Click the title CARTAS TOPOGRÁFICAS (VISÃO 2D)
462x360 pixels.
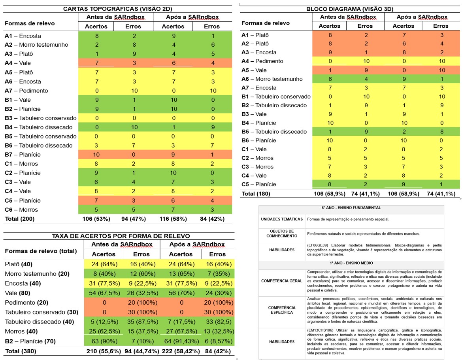tap(117, 9)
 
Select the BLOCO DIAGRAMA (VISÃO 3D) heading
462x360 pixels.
tap(350, 9)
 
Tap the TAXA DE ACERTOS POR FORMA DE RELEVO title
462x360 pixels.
tap(121, 236)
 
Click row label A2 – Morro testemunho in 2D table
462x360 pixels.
tap(36, 45)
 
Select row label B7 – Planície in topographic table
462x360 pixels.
tap(23, 155)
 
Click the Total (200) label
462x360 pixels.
tap(19, 219)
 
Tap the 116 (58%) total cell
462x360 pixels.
tap(173, 219)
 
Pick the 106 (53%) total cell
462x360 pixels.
tap(96, 219)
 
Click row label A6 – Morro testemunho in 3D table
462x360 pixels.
tap(272, 79)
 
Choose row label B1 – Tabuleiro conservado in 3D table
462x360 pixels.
tap(276, 97)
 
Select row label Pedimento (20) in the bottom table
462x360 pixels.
tap(26, 303)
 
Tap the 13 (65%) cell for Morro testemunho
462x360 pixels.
tap(181, 274)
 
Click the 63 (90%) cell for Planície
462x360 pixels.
tap(104, 341)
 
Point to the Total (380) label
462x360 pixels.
tap(21, 351)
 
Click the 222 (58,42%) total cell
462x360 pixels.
tap(181, 351)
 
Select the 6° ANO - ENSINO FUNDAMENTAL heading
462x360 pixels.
tap(351, 208)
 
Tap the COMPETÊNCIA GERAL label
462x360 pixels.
tap(282, 281)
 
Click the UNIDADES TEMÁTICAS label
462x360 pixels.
tap(282, 219)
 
